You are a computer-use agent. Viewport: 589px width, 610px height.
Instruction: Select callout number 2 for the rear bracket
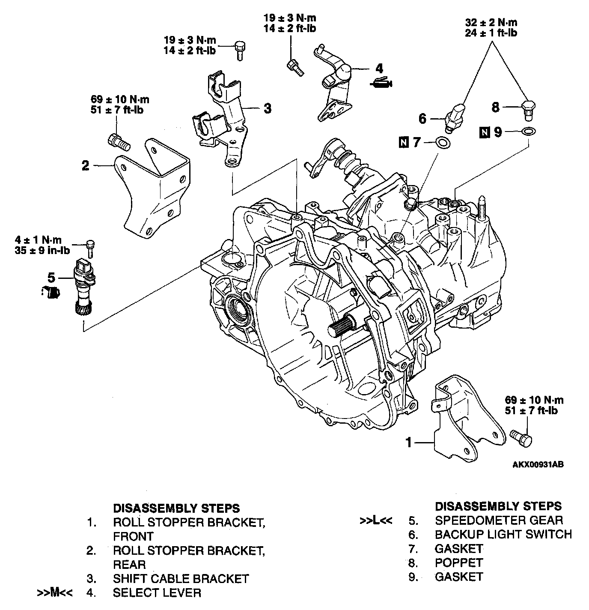click(86, 165)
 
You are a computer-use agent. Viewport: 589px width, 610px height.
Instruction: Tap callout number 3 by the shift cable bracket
click(267, 108)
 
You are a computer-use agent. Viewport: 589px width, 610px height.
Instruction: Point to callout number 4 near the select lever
click(379, 69)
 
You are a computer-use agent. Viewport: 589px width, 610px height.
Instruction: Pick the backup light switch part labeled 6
click(453, 116)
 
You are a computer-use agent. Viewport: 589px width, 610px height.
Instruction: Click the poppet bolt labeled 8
click(529, 109)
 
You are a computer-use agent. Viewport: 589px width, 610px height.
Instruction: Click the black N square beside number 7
click(403, 142)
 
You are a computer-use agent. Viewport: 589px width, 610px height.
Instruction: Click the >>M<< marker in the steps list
click(55, 592)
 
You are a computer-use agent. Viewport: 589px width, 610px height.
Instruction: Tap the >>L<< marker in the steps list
click(375, 521)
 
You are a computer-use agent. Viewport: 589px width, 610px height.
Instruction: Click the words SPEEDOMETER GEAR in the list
click(499, 520)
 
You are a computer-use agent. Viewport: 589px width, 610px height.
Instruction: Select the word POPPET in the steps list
click(458, 562)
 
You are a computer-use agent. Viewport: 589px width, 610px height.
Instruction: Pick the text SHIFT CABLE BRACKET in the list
click(181, 579)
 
